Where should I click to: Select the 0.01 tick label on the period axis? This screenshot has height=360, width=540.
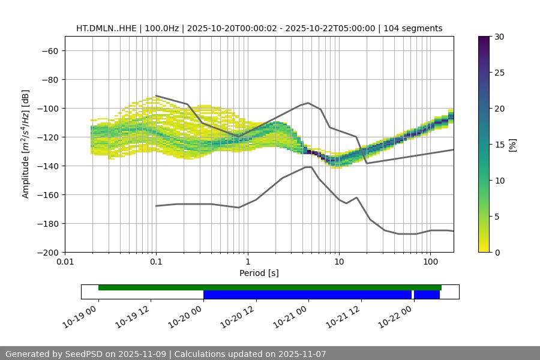pyautogui.click(x=65, y=262)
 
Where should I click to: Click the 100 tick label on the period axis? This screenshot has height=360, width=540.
pyautogui.click(x=430, y=262)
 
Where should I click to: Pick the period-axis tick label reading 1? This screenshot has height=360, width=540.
pyautogui.click(x=247, y=262)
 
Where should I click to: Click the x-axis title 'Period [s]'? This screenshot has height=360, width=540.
pyautogui.click(x=259, y=273)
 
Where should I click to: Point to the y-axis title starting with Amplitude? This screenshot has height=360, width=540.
pyautogui.click(x=26, y=144)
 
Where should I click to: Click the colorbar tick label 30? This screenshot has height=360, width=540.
pyautogui.click(x=499, y=37)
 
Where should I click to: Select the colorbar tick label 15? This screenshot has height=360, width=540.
pyautogui.click(x=499, y=145)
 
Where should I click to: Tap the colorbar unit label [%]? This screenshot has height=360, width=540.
pyautogui.click(x=512, y=145)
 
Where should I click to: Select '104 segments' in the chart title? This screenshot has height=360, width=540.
pyautogui.click(x=413, y=28)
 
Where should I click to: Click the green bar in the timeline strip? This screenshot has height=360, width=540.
pyautogui.click(x=270, y=287)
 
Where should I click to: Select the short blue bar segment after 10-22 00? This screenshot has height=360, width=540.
pyautogui.click(x=427, y=295)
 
